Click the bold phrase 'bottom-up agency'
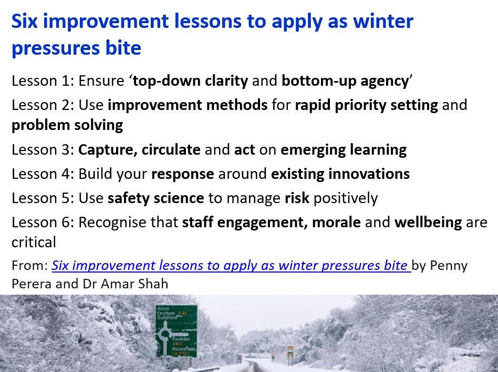click(345, 81)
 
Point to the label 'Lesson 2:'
click(43, 104)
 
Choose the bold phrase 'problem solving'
click(67, 125)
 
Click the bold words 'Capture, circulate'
click(139, 149)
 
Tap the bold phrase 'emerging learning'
click(344, 149)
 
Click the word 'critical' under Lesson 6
click(34, 242)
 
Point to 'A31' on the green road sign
click(182, 314)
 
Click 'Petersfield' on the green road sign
click(183, 348)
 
